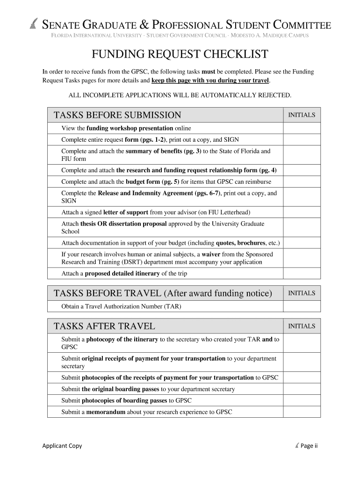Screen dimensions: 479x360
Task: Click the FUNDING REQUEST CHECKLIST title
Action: click(x=180, y=55)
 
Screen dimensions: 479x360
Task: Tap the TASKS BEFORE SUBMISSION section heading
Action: click(x=117, y=115)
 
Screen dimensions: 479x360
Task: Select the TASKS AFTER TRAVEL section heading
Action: click(x=104, y=326)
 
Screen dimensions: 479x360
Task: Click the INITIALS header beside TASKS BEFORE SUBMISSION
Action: click(x=302, y=115)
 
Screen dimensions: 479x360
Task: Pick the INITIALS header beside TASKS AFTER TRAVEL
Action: click(x=302, y=326)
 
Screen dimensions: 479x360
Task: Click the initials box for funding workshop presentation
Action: click(x=302, y=128)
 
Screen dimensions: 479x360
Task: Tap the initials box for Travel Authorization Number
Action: click(x=302, y=306)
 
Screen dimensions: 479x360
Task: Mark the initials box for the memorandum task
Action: click(x=302, y=412)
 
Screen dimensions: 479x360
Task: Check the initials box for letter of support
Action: click(x=302, y=212)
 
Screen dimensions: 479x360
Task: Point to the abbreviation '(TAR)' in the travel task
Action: click(x=172, y=306)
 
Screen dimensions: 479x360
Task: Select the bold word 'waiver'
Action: click(x=211, y=254)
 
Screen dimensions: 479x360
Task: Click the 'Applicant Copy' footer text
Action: click(x=62, y=446)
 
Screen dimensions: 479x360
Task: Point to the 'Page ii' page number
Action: click(x=309, y=446)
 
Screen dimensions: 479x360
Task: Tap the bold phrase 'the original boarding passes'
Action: click(x=120, y=389)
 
